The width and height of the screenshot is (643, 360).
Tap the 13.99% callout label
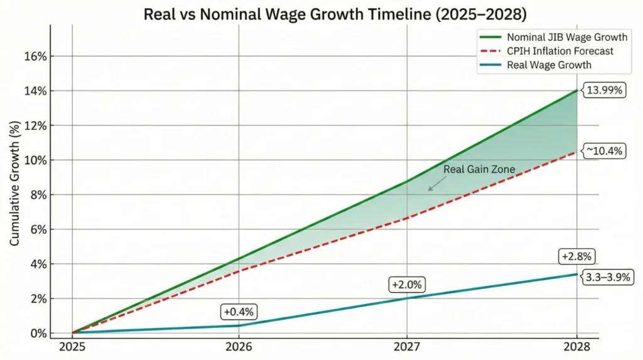605,90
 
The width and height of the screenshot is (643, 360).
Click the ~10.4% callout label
605,151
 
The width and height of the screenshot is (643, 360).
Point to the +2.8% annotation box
576,257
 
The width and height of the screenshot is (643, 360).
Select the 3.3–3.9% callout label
608,276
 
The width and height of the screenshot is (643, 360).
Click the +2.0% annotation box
407,285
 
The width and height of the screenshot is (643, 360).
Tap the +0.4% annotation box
239,312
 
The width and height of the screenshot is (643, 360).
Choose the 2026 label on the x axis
239,347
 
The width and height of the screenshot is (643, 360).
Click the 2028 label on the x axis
576,347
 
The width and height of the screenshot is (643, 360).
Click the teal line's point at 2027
408,298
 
